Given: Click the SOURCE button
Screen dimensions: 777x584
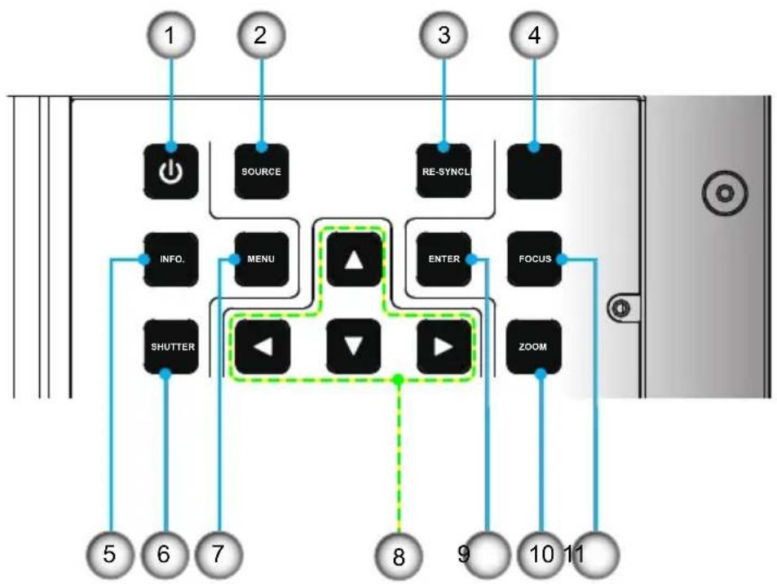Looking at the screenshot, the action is tap(262, 171).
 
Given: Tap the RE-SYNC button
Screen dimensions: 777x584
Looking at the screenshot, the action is tap(444, 171).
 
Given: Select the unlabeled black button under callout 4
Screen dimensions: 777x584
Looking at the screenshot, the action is tap(534, 171).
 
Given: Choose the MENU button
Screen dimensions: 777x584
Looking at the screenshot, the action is tap(262, 259).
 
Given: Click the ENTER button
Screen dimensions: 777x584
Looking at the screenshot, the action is tap(444, 259).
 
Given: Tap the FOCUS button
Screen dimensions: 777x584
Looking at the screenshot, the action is tap(534, 259).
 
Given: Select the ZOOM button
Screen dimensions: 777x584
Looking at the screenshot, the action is tap(534, 346).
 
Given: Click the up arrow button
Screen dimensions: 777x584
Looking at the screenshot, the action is tap(354, 259).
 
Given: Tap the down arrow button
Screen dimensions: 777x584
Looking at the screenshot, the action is tap(354, 346).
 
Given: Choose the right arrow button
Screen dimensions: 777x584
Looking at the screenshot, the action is tap(444, 346).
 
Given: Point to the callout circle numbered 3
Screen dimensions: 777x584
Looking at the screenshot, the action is tap(444, 35).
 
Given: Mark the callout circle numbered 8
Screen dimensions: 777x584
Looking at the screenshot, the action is tap(399, 556).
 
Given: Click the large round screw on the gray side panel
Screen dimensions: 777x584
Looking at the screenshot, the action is tap(725, 192).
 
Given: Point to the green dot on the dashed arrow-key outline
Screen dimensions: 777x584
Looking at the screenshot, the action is tap(398, 380).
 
